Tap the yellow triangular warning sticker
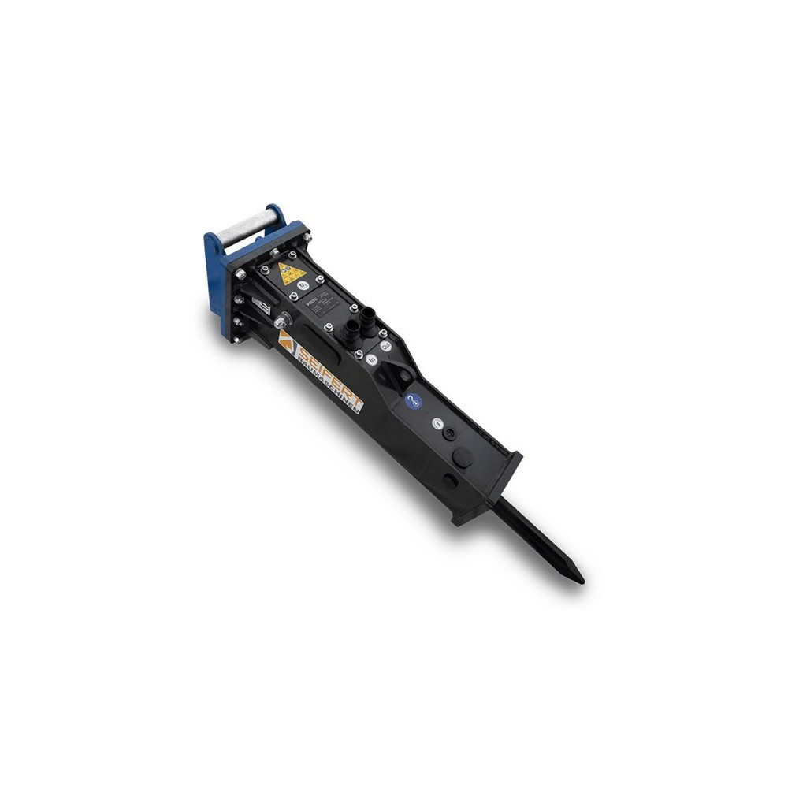(292, 274)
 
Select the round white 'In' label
(371, 359)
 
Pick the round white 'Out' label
(385, 345)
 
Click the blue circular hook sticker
(413, 401)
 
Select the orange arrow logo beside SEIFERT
(286, 340)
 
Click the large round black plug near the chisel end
(463, 456)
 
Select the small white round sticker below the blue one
(436, 423)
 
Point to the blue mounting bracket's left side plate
(214, 280)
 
